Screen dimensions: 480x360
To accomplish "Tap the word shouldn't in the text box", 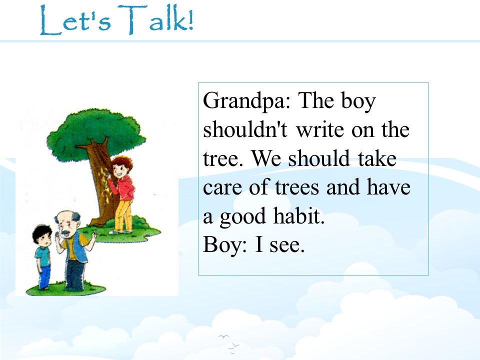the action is (x=245, y=129).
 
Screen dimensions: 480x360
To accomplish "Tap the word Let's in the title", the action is (x=75, y=20).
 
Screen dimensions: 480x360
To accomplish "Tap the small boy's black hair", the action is (x=42, y=232).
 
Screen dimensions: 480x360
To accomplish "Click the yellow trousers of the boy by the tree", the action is (x=123, y=216).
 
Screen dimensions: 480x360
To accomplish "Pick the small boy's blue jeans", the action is (x=44, y=276).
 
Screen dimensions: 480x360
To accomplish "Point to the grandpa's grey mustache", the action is (x=65, y=234).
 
